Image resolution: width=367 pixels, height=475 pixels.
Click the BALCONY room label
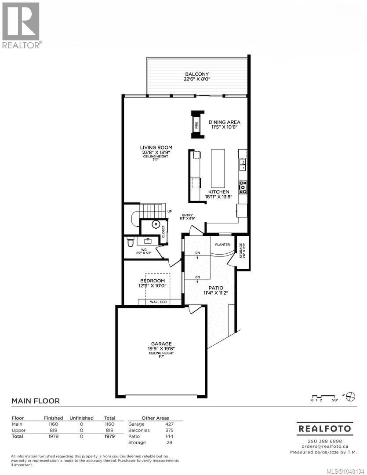coord(197,74)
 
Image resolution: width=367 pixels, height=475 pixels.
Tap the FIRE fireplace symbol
coord(196,124)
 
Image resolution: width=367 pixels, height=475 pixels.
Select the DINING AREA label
coord(225,122)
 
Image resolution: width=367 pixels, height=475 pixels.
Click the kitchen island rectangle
coord(218,168)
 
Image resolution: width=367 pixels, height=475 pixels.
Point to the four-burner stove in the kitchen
coord(243,187)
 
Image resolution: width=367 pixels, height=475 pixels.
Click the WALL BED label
coord(158,302)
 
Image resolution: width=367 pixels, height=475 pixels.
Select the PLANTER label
coord(222,245)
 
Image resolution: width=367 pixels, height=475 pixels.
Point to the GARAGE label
coord(161,344)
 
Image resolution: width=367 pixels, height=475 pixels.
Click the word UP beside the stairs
coord(170,212)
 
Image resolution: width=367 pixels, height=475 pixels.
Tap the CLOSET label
coord(164,231)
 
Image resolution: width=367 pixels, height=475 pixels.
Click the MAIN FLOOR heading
coord(36,401)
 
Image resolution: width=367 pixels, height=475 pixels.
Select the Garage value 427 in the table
coord(169,424)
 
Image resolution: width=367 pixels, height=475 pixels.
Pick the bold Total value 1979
coord(109,436)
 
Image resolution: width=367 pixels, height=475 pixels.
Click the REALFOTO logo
coord(325,429)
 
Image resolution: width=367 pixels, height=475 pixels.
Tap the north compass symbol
coord(351,396)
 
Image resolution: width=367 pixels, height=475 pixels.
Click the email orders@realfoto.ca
coord(325,446)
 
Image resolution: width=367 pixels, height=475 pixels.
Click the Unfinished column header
coord(81,418)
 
